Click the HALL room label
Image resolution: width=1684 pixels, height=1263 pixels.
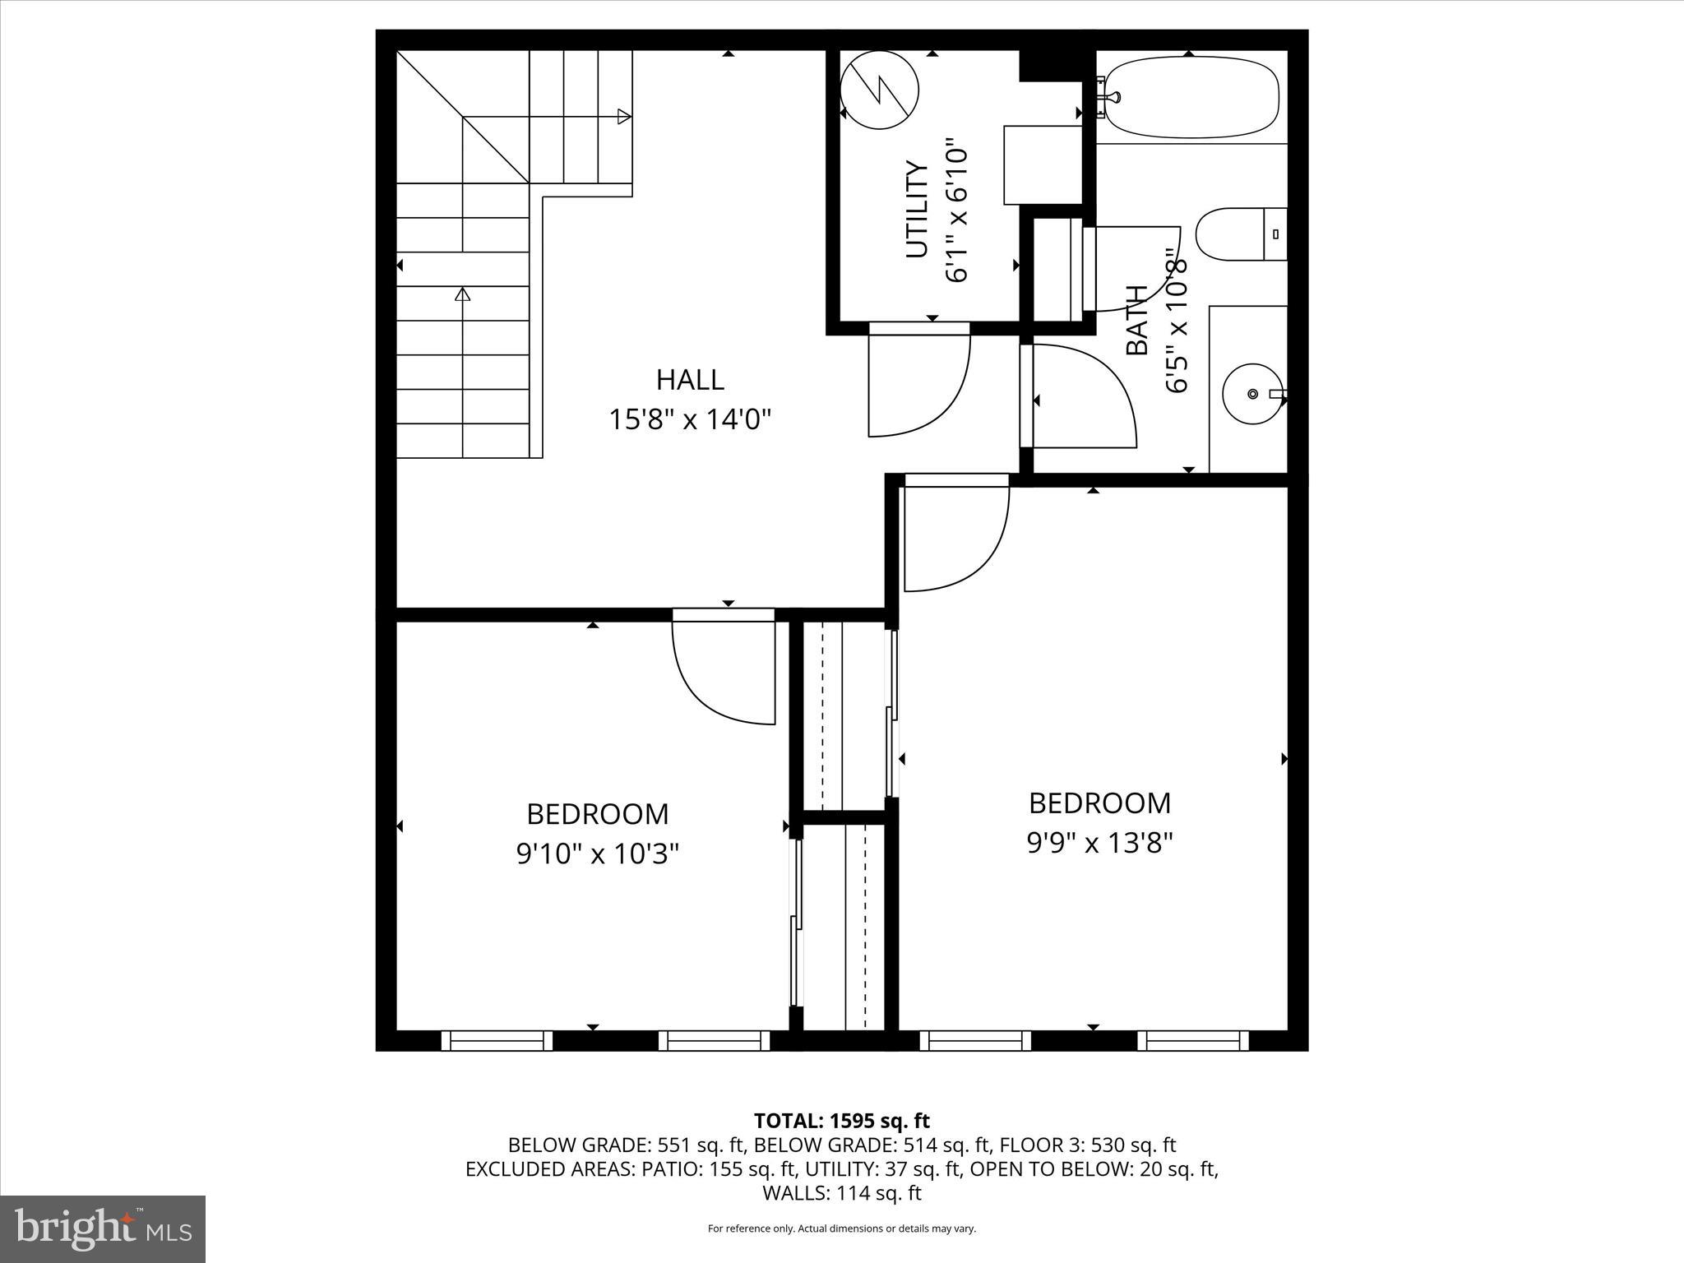pyautogui.click(x=690, y=380)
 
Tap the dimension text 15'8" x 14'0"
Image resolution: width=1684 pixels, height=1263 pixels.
pyautogui.click(x=690, y=420)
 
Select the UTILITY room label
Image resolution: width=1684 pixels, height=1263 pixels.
pyautogui.click(x=917, y=210)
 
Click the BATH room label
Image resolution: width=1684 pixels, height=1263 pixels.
pyautogui.click(x=1136, y=321)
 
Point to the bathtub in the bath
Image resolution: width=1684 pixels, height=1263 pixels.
pyautogui.click(x=1191, y=97)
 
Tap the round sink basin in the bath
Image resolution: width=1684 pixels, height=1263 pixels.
pyautogui.click(x=1252, y=395)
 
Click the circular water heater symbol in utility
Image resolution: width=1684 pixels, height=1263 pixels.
pyautogui.click(x=880, y=90)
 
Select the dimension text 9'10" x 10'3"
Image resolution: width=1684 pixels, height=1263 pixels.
pyautogui.click(x=598, y=855)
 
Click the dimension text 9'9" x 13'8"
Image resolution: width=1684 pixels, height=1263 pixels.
pyautogui.click(x=1099, y=843)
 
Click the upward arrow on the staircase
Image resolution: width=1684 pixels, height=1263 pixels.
pyautogui.click(x=463, y=294)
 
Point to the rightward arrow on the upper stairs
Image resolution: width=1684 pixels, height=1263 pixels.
pyautogui.click(x=625, y=117)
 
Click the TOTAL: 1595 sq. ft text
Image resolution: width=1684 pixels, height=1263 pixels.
pyautogui.click(x=841, y=1121)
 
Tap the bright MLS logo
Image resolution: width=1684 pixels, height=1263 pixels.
pyautogui.click(x=102, y=1228)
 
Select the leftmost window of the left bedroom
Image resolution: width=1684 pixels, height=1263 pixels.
pyautogui.click(x=497, y=1041)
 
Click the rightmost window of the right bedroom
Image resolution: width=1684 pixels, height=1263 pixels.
pyautogui.click(x=1192, y=1041)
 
